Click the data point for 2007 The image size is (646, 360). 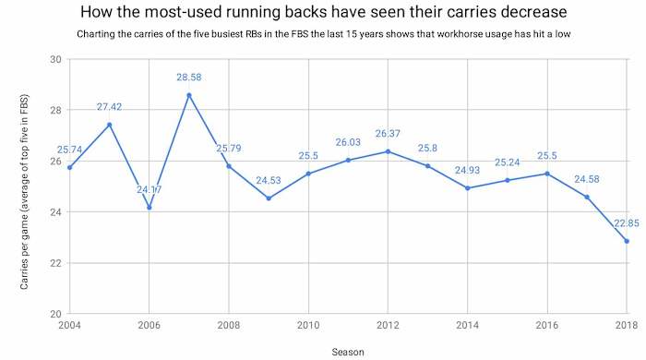coord(188,95)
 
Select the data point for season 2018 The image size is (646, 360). coord(627,241)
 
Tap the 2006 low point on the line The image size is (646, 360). coord(149,208)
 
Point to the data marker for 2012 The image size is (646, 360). coord(388,151)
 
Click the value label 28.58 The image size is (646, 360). coord(188,78)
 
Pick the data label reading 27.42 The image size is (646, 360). coord(109,107)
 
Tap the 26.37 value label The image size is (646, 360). coord(388,134)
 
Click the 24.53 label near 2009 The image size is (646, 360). coord(268,180)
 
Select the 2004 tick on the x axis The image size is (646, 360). coord(69,325)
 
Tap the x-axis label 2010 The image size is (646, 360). coord(307,325)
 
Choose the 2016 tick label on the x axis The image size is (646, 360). coord(546,325)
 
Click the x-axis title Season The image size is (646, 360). coord(348,351)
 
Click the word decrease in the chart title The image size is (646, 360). coord(531,13)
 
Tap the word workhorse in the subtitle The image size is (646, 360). coord(446,36)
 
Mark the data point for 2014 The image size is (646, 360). coord(467,188)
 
